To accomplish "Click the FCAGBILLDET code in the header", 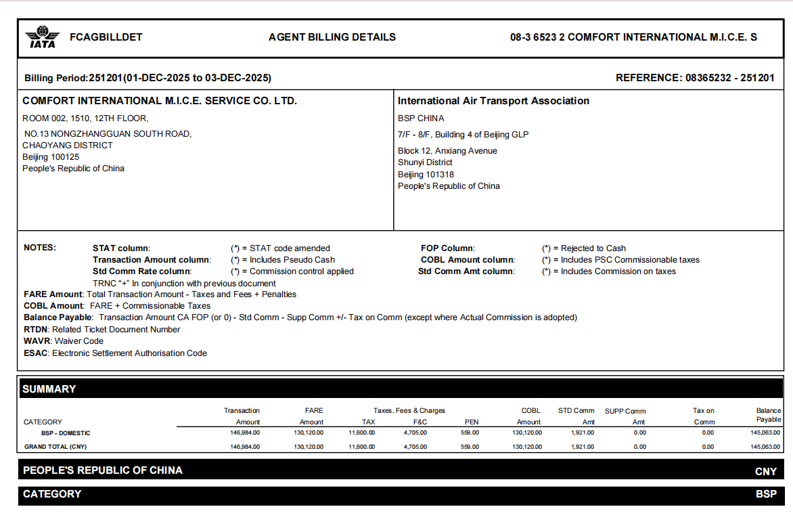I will (x=106, y=37).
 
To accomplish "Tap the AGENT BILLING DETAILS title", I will (x=332, y=37).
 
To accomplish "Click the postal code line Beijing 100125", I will (x=51, y=157).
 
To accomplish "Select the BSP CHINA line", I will (x=421, y=118).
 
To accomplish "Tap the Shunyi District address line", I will (x=425, y=162).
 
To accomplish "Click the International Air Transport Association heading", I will (x=493, y=101).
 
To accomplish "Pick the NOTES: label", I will (x=40, y=248).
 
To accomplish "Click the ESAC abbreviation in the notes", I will (x=36, y=353).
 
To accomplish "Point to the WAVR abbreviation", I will (x=37, y=341).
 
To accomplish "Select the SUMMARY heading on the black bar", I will (x=49, y=389).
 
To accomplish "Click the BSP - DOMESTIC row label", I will (x=66, y=433).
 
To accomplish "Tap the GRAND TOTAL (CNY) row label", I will (x=55, y=447).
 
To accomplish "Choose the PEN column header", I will (x=472, y=422).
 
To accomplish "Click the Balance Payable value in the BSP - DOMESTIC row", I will (x=764, y=433).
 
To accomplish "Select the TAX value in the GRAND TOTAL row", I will (x=362, y=447).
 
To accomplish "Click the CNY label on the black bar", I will (x=766, y=471).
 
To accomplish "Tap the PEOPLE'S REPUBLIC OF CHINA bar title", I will (x=103, y=470).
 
